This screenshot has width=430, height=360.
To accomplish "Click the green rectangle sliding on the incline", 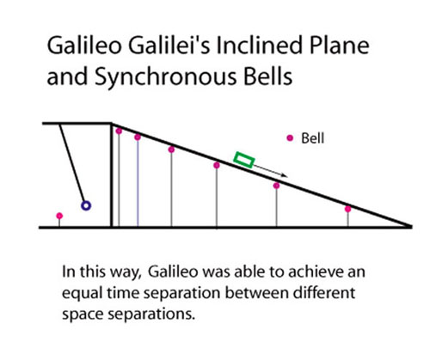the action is (x=244, y=160).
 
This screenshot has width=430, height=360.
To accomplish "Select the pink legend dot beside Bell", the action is (x=290, y=138).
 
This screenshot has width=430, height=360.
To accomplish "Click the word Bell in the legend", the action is (x=313, y=138).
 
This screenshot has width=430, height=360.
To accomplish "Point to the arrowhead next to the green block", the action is (x=285, y=175).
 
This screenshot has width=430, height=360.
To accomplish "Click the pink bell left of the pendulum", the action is (x=59, y=216).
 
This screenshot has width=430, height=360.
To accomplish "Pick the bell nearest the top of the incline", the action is (x=119, y=131).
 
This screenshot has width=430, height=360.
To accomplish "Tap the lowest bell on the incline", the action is (x=348, y=209).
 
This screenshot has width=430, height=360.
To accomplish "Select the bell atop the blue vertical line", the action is (x=138, y=137).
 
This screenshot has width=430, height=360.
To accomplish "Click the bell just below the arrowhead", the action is (x=276, y=186).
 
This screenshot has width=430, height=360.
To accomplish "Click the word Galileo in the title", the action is (x=84, y=46).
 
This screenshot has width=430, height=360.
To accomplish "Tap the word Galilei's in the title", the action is (x=169, y=46).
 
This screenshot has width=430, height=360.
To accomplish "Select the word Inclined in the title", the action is (x=260, y=46).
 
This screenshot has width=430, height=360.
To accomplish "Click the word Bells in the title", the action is (x=268, y=76).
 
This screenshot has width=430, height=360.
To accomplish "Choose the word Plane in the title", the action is (x=339, y=46).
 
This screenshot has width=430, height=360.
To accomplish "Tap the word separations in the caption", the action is (x=151, y=314).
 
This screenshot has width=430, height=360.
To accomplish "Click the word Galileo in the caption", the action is (x=173, y=272).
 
